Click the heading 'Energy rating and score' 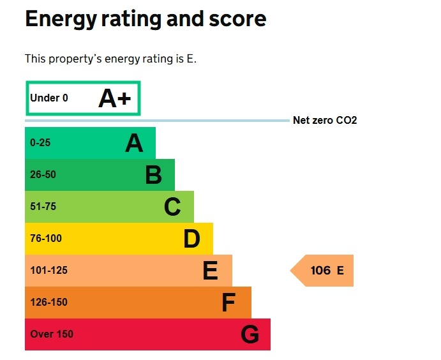(145, 19)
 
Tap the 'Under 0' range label (49, 98)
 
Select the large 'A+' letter (115, 98)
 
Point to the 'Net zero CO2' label (324, 120)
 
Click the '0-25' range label (40, 143)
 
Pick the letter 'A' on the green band (134, 144)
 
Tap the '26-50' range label (43, 175)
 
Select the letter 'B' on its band (153, 175)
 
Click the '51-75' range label (43, 207)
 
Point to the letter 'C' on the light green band (172, 207)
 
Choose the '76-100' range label (46, 239)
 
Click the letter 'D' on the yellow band (191, 239)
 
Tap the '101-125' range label (49, 271)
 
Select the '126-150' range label (49, 303)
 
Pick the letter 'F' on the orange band (228, 303)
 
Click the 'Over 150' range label (52, 334)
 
